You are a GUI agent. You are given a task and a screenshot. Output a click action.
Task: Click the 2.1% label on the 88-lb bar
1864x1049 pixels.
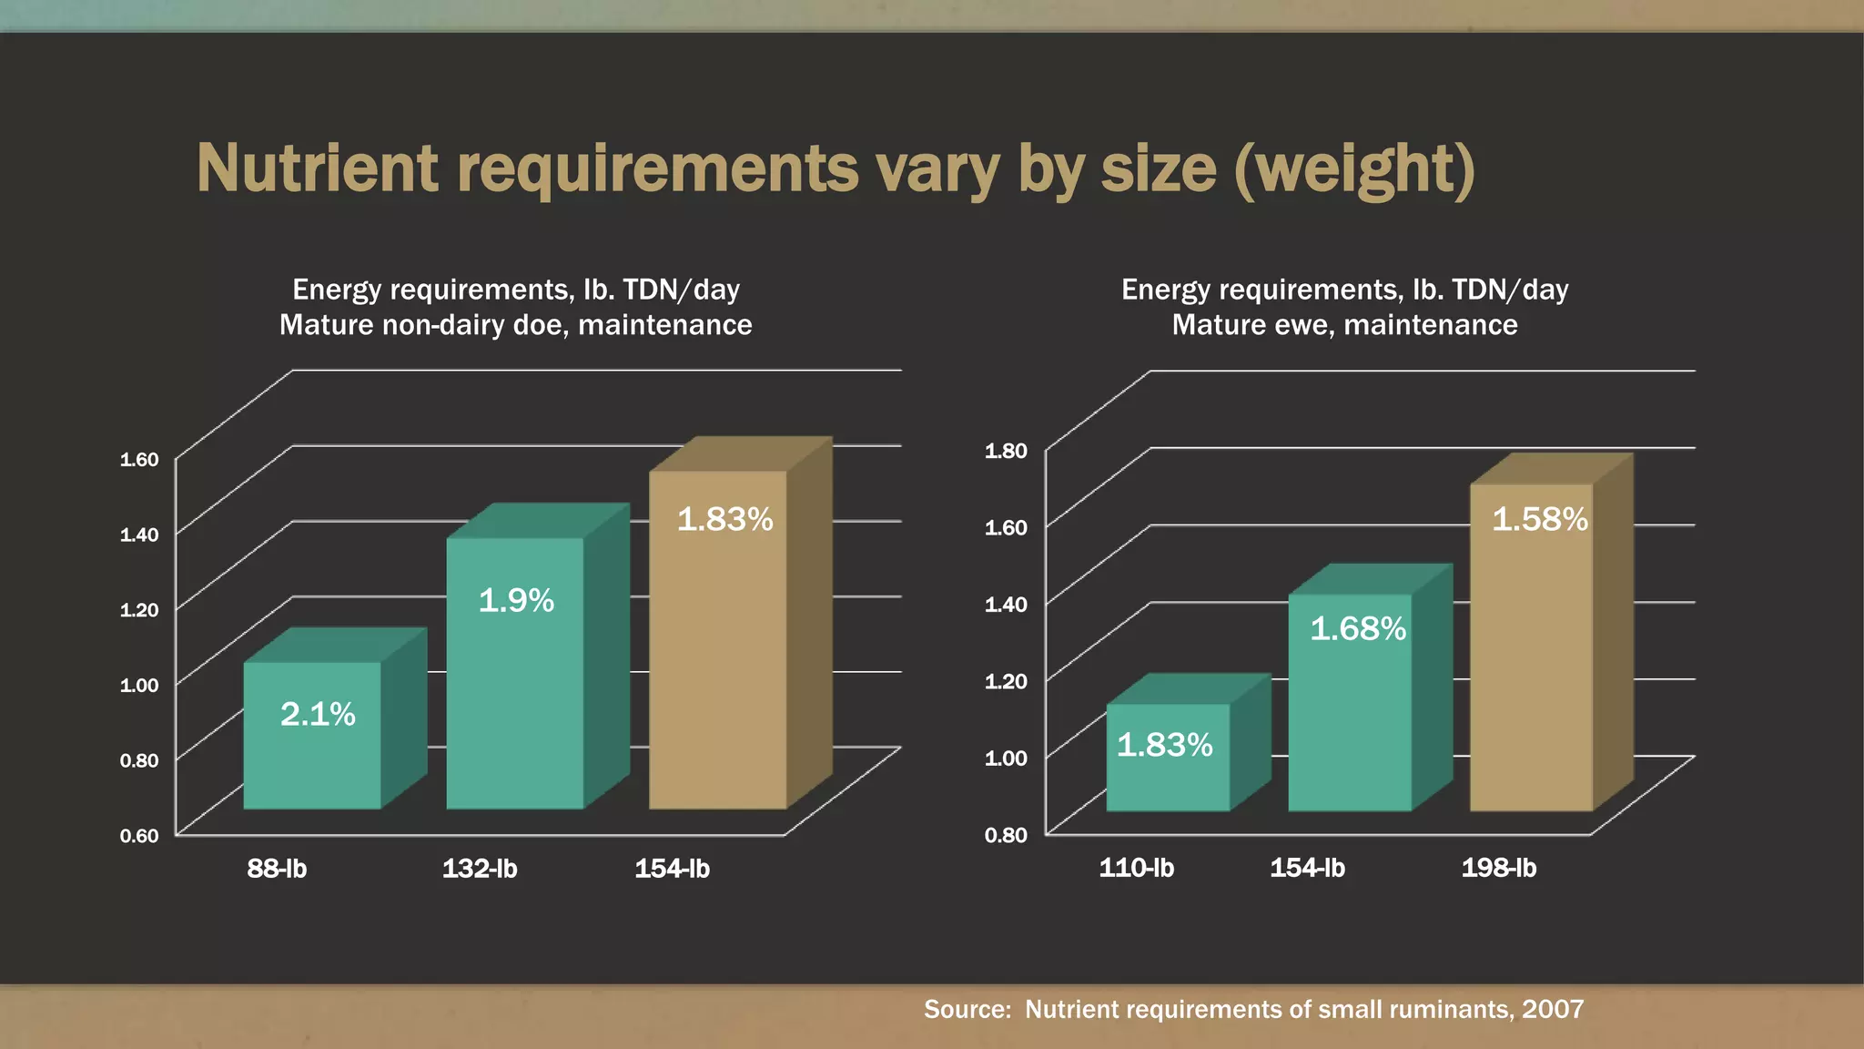coord(318,714)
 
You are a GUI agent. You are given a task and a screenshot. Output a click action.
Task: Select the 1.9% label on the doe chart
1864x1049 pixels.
coord(516,601)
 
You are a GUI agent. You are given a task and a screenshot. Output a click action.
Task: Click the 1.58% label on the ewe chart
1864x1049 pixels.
coord(1540,520)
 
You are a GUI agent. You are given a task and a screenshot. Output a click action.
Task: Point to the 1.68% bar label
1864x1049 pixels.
coord(1358,629)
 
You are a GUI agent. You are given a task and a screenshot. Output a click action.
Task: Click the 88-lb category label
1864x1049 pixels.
coord(277,869)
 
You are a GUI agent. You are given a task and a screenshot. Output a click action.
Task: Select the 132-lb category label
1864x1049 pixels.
coord(480,869)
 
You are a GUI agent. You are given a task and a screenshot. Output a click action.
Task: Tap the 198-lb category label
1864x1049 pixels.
coord(1499,868)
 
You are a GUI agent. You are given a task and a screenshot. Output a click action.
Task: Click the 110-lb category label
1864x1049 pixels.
coord(1136,868)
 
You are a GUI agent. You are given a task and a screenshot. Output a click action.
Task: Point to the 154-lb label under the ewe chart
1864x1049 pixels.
coord(1307,868)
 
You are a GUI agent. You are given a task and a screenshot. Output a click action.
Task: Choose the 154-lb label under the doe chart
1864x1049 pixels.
coord(672,869)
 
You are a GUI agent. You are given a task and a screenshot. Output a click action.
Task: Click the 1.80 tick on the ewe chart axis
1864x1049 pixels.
coord(1006,451)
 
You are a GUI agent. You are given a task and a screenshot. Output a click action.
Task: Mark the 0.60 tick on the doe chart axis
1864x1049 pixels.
coord(139,836)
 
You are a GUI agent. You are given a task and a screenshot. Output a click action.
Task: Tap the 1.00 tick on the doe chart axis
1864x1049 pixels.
coord(139,685)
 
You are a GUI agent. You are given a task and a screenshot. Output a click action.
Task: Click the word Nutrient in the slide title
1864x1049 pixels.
coord(317,169)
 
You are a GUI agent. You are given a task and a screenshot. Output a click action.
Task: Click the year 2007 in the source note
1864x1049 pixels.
coord(1553,1009)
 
